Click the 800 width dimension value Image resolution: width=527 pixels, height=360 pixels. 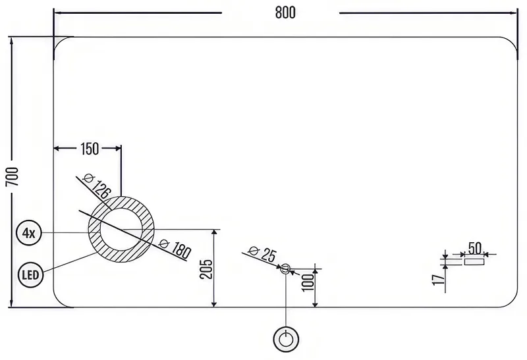click(x=285, y=13)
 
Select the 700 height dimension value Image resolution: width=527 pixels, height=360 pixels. click(x=13, y=176)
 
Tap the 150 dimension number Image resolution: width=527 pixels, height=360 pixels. click(x=90, y=149)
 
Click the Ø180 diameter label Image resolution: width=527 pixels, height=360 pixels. click(x=175, y=248)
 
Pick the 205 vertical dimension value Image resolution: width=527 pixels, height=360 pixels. click(x=206, y=269)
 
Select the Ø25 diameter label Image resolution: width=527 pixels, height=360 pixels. click(x=262, y=253)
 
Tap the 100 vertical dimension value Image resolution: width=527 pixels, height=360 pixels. click(x=308, y=282)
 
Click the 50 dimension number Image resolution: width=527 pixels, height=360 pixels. click(x=475, y=249)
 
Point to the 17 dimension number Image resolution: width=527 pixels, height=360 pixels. click(x=438, y=280)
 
